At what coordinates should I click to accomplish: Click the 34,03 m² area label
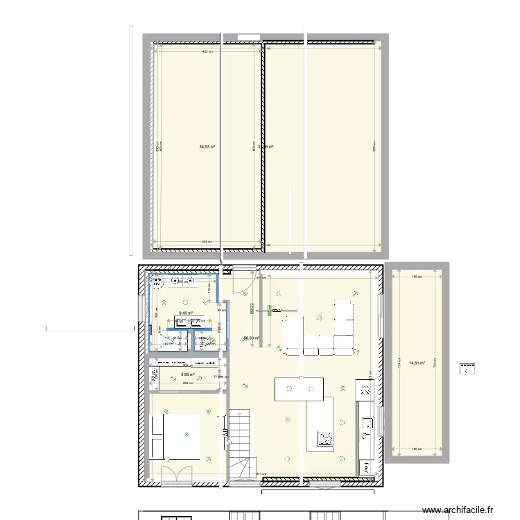(x=207, y=147)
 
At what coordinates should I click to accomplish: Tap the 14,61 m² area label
(x=417, y=363)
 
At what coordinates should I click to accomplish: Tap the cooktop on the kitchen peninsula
(x=324, y=437)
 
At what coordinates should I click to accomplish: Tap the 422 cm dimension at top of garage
(x=207, y=52)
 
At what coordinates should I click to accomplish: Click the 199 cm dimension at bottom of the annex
(x=417, y=449)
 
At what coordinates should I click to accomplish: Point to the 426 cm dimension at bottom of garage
(x=207, y=242)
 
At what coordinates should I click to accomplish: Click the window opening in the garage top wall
(x=248, y=36)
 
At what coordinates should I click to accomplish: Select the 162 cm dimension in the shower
(x=167, y=343)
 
